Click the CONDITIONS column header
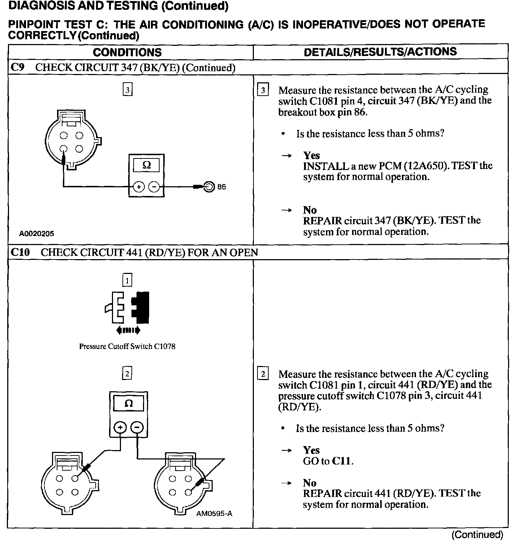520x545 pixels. click(x=127, y=52)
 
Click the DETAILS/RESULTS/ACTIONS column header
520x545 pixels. click(x=380, y=52)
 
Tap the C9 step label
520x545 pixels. click(x=17, y=67)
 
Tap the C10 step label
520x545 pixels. click(x=20, y=252)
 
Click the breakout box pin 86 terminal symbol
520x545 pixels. click(x=209, y=187)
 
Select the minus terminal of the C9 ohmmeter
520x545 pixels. click(x=154, y=187)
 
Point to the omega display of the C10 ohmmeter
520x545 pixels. click(x=128, y=403)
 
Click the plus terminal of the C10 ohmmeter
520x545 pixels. click(x=120, y=428)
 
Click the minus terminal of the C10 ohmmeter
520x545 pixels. click(x=137, y=428)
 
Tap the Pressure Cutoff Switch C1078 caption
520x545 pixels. click(x=127, y=346)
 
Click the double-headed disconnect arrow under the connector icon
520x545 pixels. click(x=128, y=330)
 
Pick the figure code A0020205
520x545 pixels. click(x=36, y=234)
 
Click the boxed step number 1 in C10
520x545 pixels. click(x=127, y=280)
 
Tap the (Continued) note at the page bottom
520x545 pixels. click(x=477, y=535)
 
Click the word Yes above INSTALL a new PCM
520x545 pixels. click(x=311, y=155)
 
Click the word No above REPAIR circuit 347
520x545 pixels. click(x=310, y=210)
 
